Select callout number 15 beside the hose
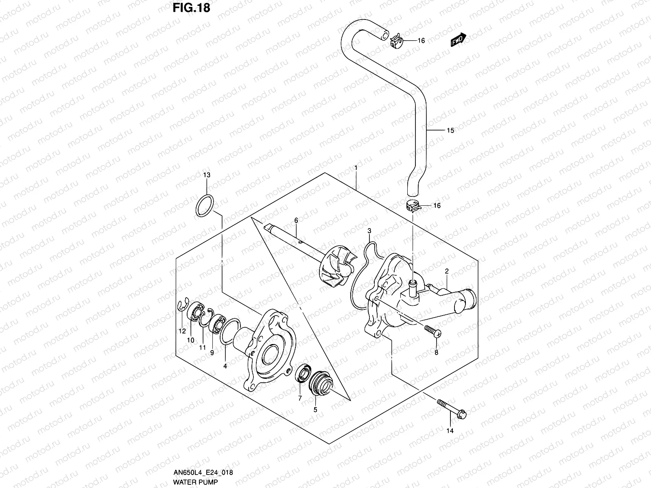point(450,131)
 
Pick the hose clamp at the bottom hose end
point(413,207)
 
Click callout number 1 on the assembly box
point(356,168)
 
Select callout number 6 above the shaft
point(296,220)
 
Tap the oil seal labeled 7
point(303,374)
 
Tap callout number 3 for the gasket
point(369,231)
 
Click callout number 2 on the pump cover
point(446,271)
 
